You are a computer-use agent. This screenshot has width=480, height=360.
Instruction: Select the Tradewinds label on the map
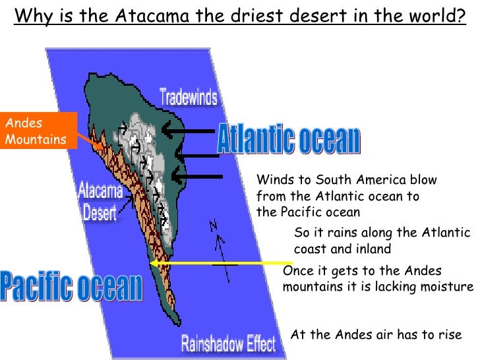tap(188, 98)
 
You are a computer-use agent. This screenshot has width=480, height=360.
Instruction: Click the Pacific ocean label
tap(71, 285)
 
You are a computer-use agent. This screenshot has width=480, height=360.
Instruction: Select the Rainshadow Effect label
tap(229, 344)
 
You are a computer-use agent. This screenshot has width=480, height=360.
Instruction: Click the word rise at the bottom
tap(450, 334)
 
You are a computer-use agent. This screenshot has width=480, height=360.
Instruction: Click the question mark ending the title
tap(461, 15)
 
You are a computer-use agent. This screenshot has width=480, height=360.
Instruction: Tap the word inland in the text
tap(375, 249)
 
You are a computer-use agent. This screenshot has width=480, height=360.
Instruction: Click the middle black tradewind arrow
tap(196, 156)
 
